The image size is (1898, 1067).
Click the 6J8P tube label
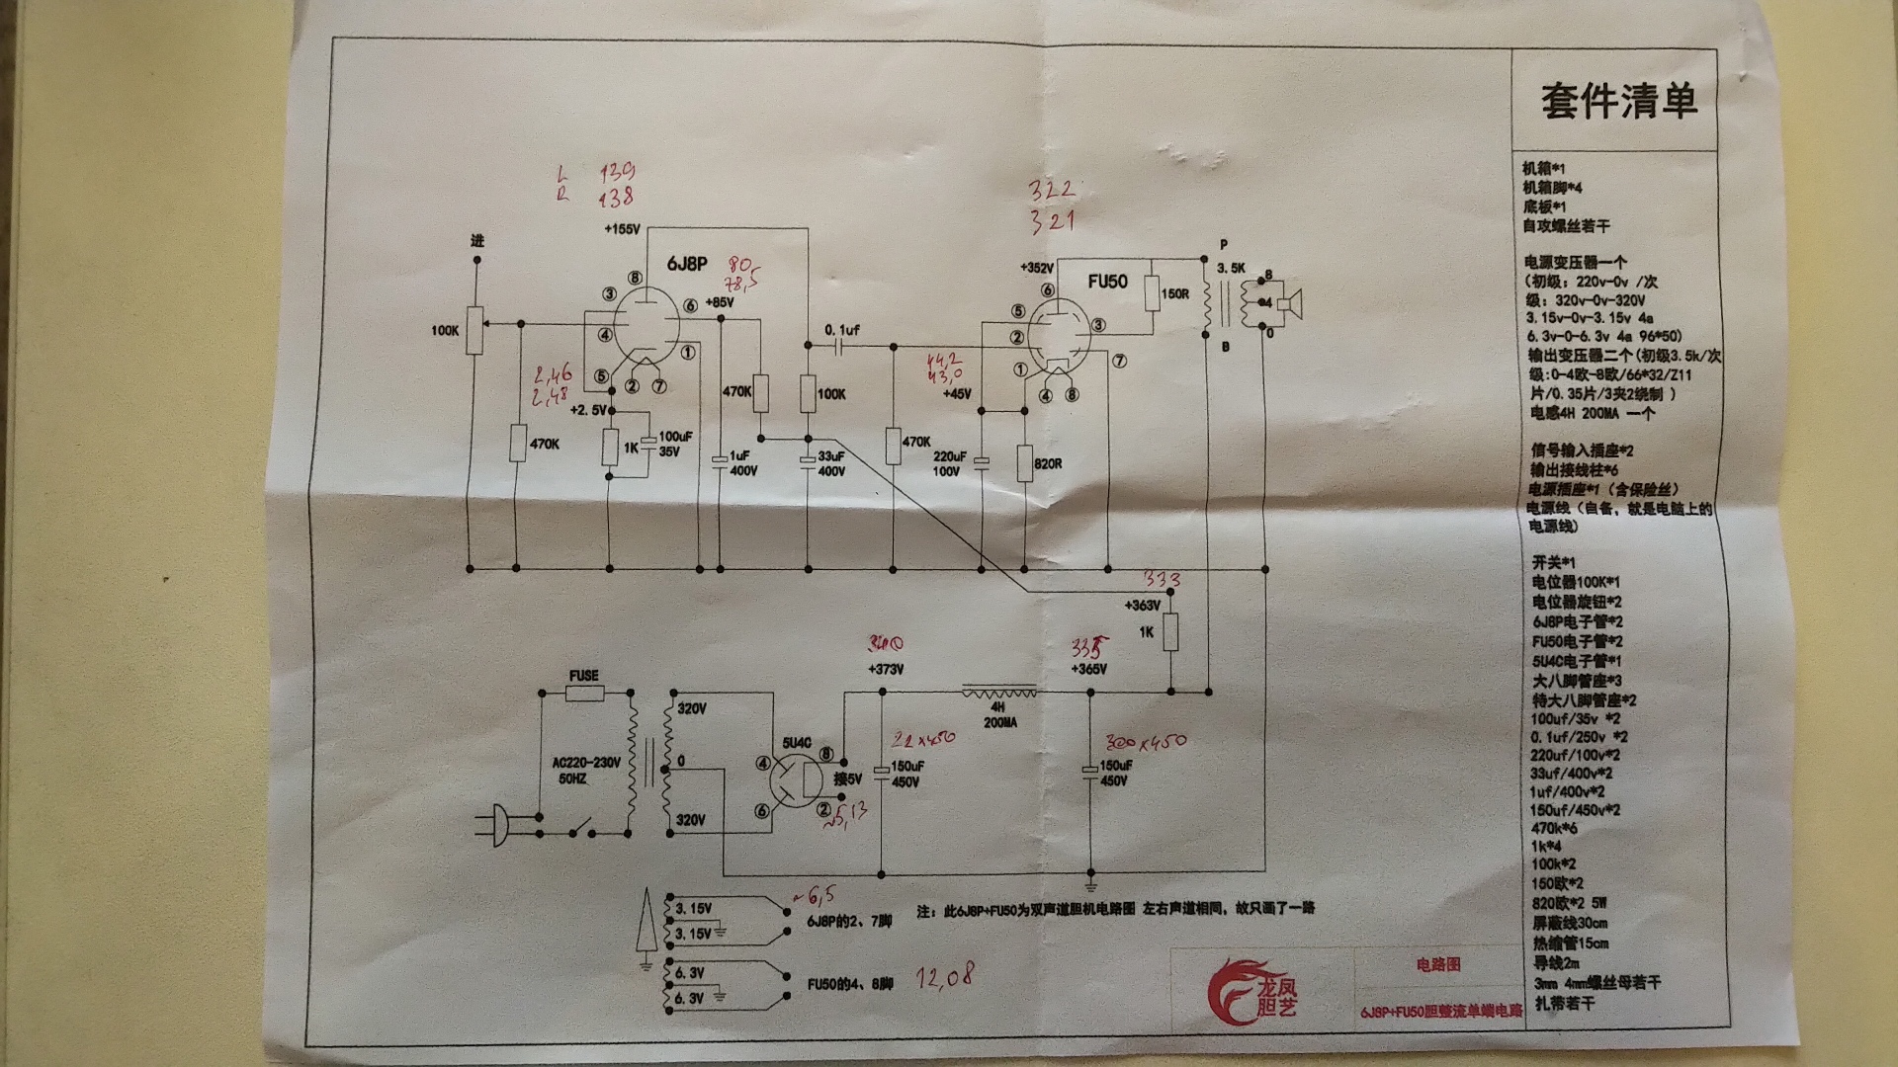click(687, 264)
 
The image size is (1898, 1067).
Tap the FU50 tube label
click(1107, 281)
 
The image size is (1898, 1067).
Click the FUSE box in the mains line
click(584, 694)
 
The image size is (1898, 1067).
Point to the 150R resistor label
click(1174, 294)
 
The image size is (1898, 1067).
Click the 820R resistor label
click(1048, 463)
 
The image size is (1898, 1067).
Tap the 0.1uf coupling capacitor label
click(842, 330)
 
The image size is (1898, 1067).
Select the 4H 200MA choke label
click(999, 714)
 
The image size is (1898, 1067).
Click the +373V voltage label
click(886, 669)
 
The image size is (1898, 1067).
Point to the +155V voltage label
click(623, 229)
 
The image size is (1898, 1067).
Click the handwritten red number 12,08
click(944, 978)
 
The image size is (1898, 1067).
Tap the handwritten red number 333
click(1163, 579)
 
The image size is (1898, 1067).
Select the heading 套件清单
click(1618, 101)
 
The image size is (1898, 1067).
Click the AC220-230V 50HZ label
click(586, 771)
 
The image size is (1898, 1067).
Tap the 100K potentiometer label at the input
click(445, 330)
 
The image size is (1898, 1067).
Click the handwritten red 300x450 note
click(1145, 741)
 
